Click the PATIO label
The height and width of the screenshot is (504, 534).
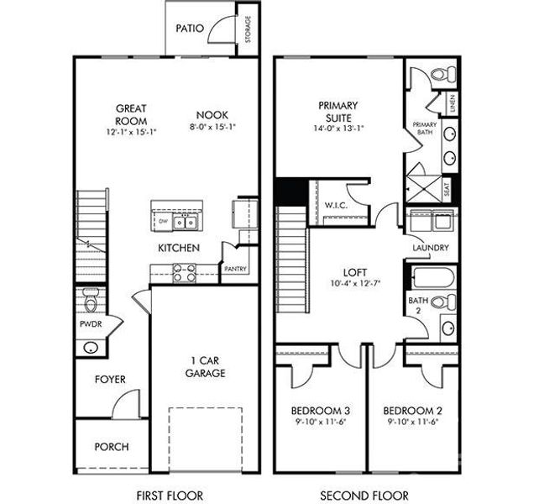[x=189, y=28]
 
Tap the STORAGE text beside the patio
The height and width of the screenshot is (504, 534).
[x=248, y=29]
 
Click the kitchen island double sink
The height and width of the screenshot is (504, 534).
[x=186, y=223]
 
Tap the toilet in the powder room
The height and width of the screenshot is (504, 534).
[x=90, y=297]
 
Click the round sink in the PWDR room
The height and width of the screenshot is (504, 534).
[x=89, y=347]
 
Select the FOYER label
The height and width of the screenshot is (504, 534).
[x=109, y=380]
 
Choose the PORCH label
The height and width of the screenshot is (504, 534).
[x=111, y=447]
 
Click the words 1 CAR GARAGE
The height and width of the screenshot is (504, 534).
[x=205, y=366]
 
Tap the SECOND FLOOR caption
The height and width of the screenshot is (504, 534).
[x=365, y=495]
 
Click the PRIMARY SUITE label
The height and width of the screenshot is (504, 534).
[x=338, y=111]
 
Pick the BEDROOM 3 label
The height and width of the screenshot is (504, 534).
[x=320, y=411]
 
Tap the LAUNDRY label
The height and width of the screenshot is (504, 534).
[x=430, y=248]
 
